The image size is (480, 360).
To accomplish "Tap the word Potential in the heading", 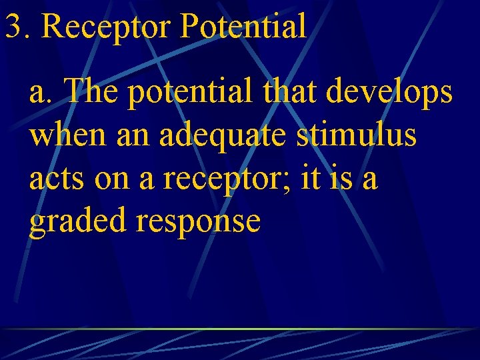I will (243, 27).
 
